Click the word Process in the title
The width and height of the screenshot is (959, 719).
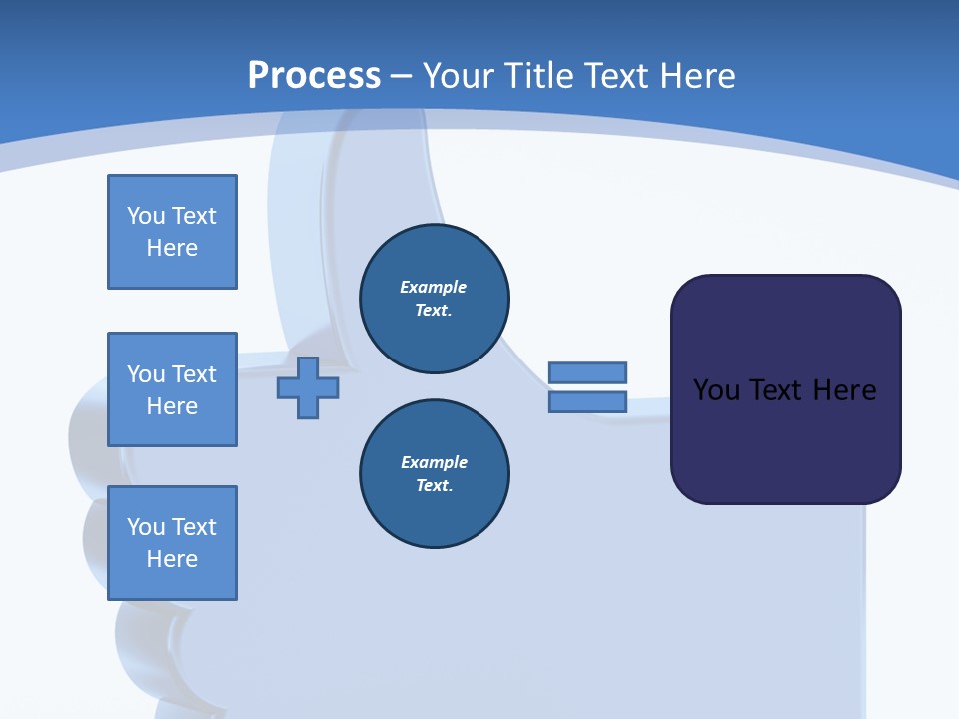314,76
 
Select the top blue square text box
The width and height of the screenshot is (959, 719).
172,232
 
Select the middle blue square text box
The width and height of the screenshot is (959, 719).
172,389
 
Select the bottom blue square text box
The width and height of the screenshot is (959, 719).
172,543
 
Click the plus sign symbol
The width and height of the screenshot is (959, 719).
308,387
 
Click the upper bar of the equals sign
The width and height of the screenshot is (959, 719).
587,372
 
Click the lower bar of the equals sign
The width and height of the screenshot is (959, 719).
587,402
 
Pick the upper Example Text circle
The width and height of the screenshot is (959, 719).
434,298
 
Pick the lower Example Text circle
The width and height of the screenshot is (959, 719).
434,473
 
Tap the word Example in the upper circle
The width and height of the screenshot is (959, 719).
433,287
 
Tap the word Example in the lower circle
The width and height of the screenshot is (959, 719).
434,462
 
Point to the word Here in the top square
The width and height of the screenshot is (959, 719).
172,248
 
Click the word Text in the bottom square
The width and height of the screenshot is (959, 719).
194,527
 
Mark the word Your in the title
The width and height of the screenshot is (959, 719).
458,76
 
